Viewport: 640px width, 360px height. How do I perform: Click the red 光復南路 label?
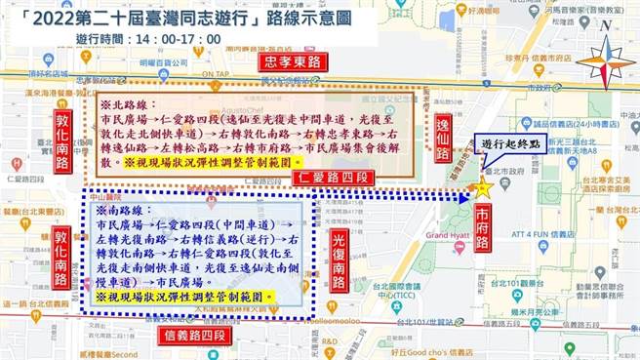click(x=339, y=261)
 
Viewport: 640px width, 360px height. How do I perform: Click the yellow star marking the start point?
click(x=482, y=188)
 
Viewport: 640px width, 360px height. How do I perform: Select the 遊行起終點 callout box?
click(x=514, y=143)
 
